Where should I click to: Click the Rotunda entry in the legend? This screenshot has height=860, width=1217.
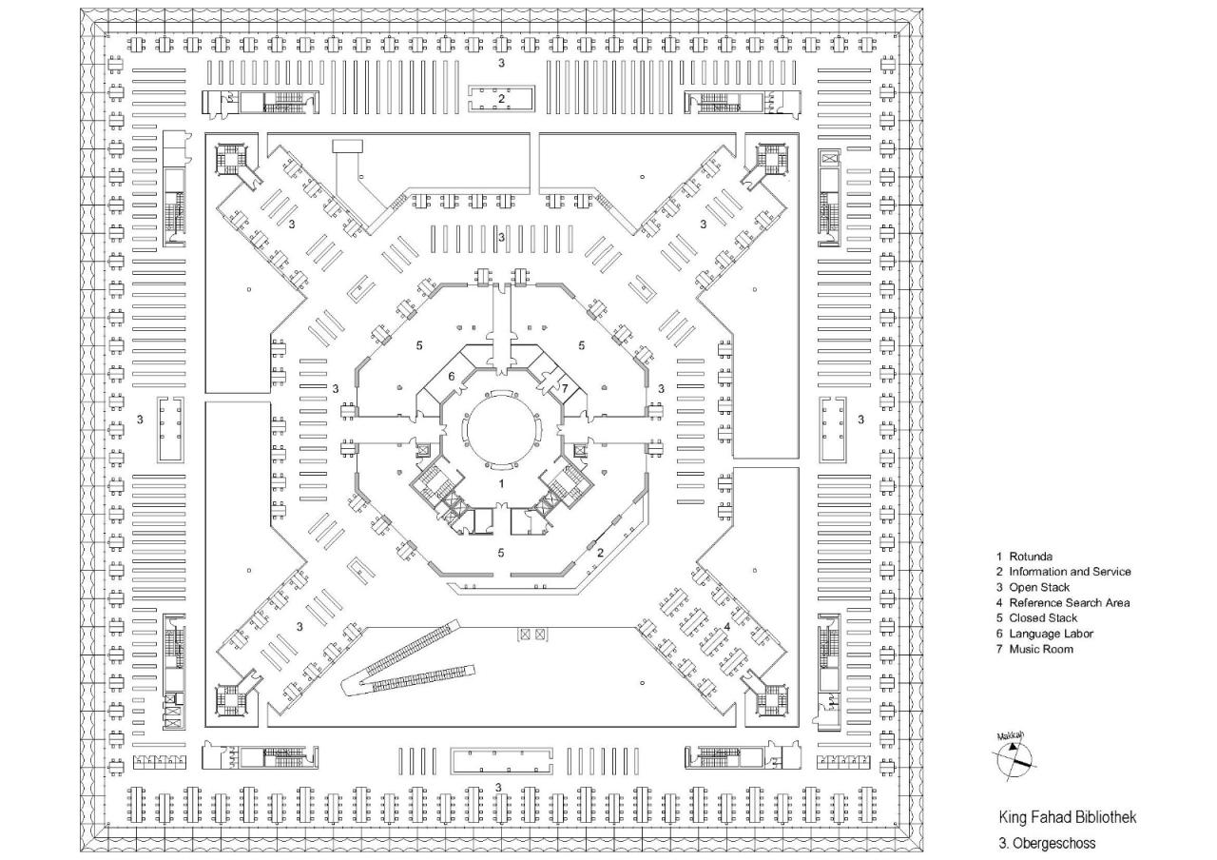(1031, 557)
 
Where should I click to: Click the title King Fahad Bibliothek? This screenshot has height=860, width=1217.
(1067, 818)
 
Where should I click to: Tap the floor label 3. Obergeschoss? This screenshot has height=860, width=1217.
(1047, 843)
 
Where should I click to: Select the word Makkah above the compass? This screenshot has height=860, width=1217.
(1010, 736)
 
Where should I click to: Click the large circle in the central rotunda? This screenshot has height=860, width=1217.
(500, 427)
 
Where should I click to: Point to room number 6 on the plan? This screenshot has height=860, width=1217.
(452, 376)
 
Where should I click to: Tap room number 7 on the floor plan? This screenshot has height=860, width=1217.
(564, 388)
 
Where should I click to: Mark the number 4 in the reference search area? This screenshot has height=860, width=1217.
(726, 626)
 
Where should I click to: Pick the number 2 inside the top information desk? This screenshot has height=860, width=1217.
(501, 98)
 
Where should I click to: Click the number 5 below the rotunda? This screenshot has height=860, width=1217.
(501, 552)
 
